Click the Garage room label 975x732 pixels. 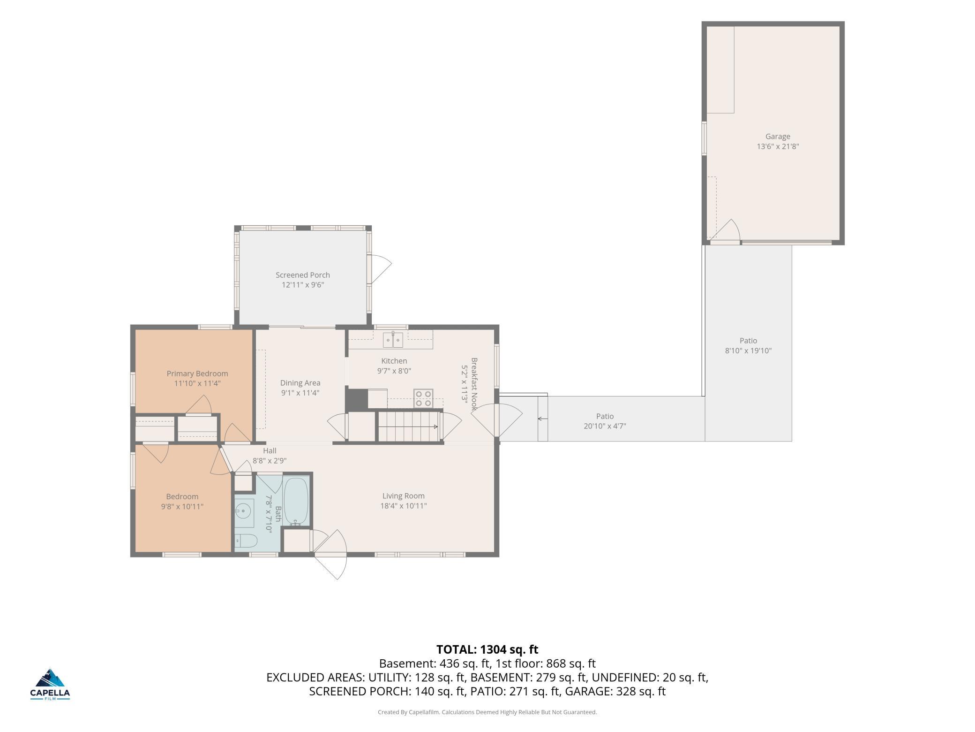click(x=778, y=137)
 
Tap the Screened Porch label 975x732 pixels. click(x=303, y=275)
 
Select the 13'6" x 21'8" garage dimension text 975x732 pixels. click(x=778, y=146)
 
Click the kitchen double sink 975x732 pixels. click(x=393, y=340)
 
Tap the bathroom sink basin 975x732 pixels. click(x=243, y=511)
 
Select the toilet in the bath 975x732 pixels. click(x=246, y=541)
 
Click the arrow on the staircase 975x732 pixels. click(x=408, y=427)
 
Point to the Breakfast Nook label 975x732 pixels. click(x=474, y=384)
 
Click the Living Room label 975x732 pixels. click(x=404, y=496)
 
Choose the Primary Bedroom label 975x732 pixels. click(x=197, y=374)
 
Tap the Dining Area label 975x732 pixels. click(x=300, y=383)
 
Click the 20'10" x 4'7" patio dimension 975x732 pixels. click(x=605, y=426)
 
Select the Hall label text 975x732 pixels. click(x=270, y=451)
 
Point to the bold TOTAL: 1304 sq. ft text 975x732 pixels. click(x=487, y=649)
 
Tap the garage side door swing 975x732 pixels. click(x=726, y=230)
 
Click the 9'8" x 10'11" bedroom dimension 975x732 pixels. click(x=182, y=507)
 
